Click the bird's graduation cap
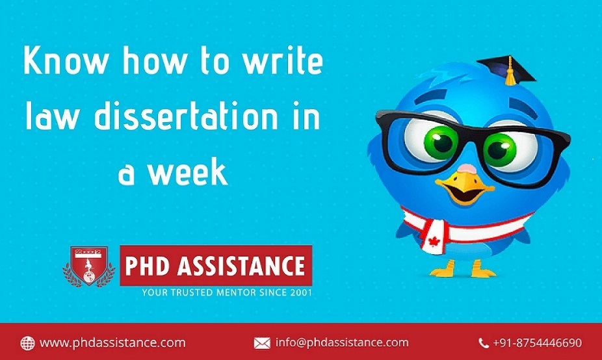coord(506,69)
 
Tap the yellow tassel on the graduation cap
coord(510,72)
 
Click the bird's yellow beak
coord(465,188)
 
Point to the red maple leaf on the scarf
coord(434,241)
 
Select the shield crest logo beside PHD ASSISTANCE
coord(89,266)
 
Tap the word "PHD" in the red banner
coord(147,266)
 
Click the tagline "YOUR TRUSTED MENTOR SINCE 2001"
coord(227,292)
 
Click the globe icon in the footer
coord(27,342)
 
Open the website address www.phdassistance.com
coord(112,342)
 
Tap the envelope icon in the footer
coord(262,343)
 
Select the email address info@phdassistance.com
coord(342,342)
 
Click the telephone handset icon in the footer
coord(484,343)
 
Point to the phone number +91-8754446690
coord(538,342)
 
